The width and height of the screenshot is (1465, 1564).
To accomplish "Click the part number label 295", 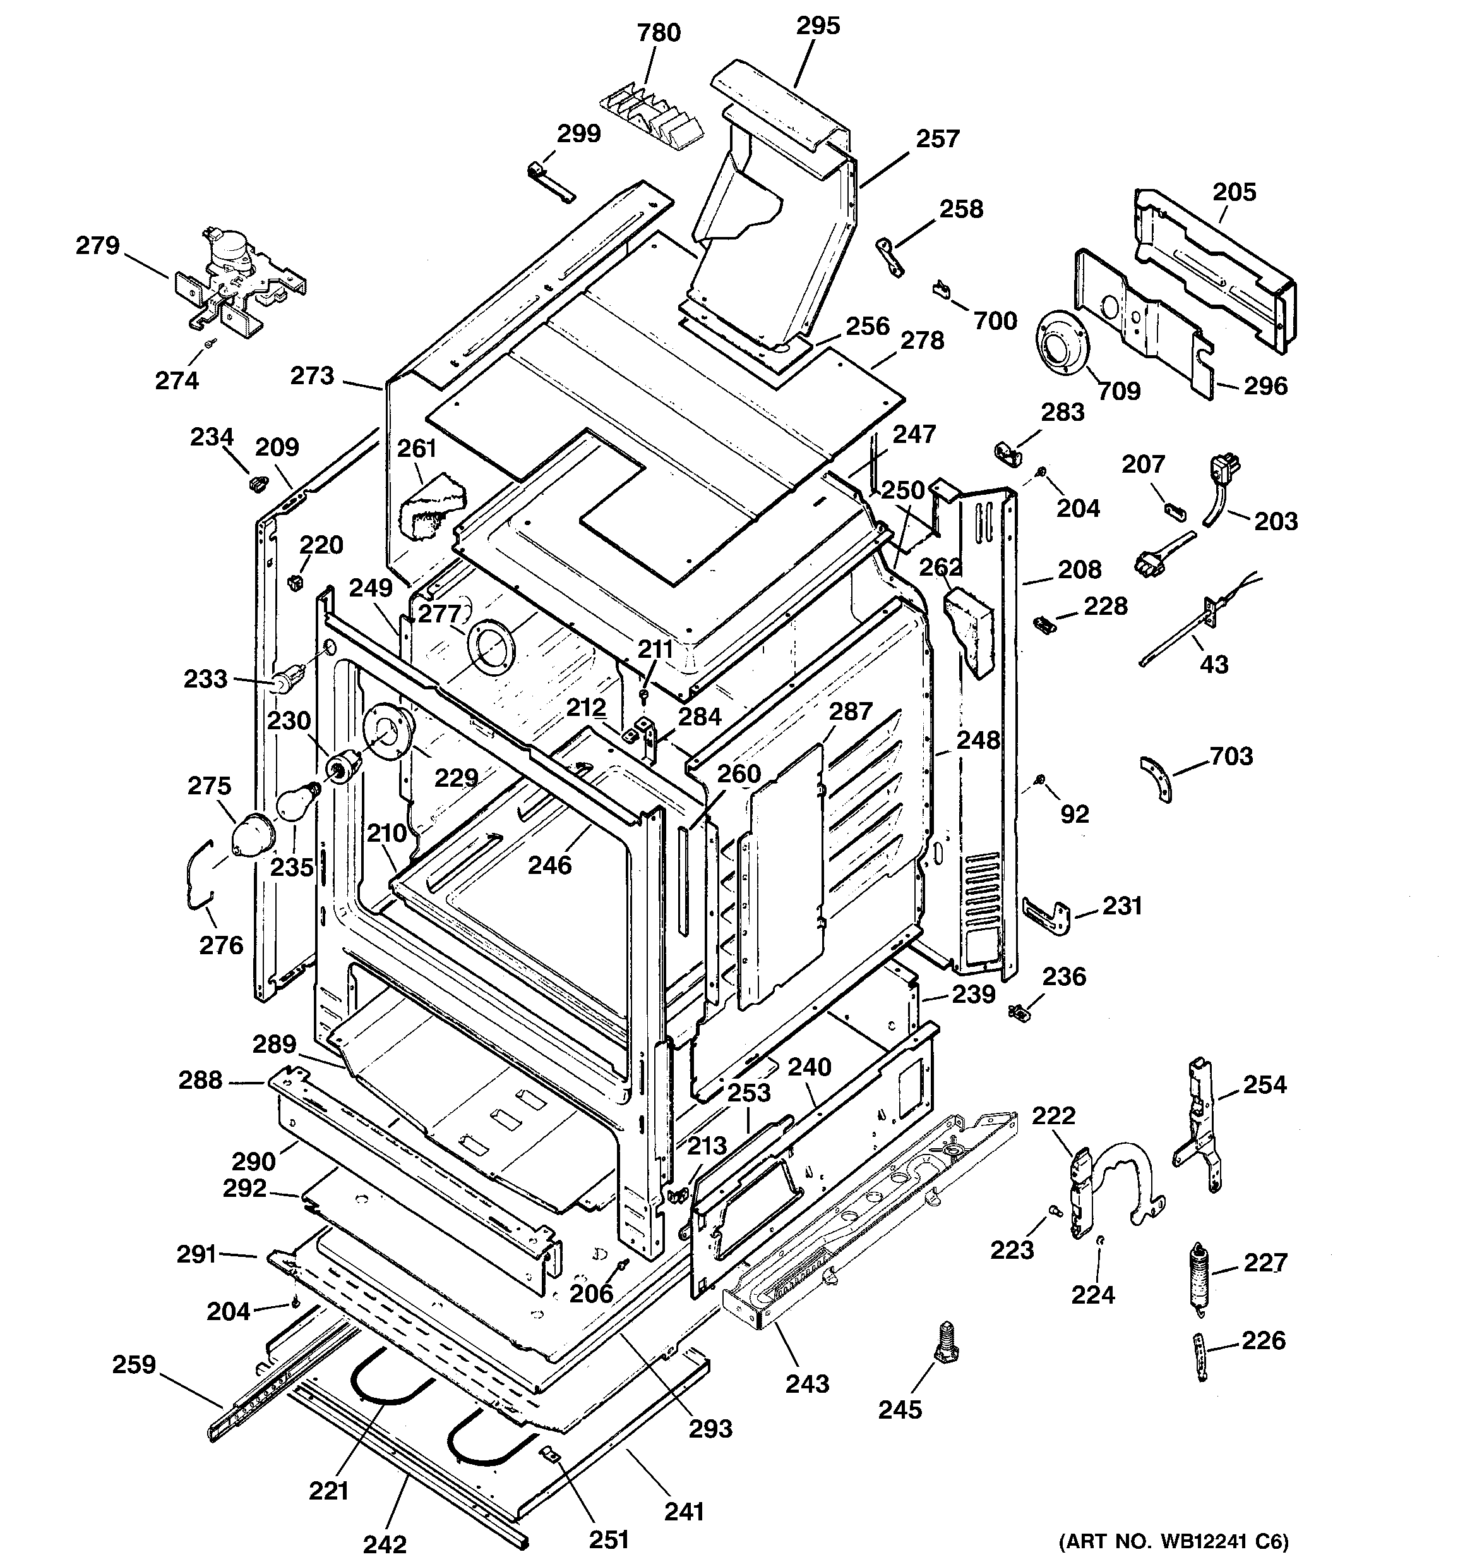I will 818,26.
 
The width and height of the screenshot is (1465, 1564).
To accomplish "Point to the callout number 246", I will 549,865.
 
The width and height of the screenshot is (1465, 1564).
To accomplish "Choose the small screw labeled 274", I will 210,344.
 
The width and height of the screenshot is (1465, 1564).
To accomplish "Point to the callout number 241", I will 683,1512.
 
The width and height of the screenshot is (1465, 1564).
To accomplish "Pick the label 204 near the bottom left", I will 228,1311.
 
